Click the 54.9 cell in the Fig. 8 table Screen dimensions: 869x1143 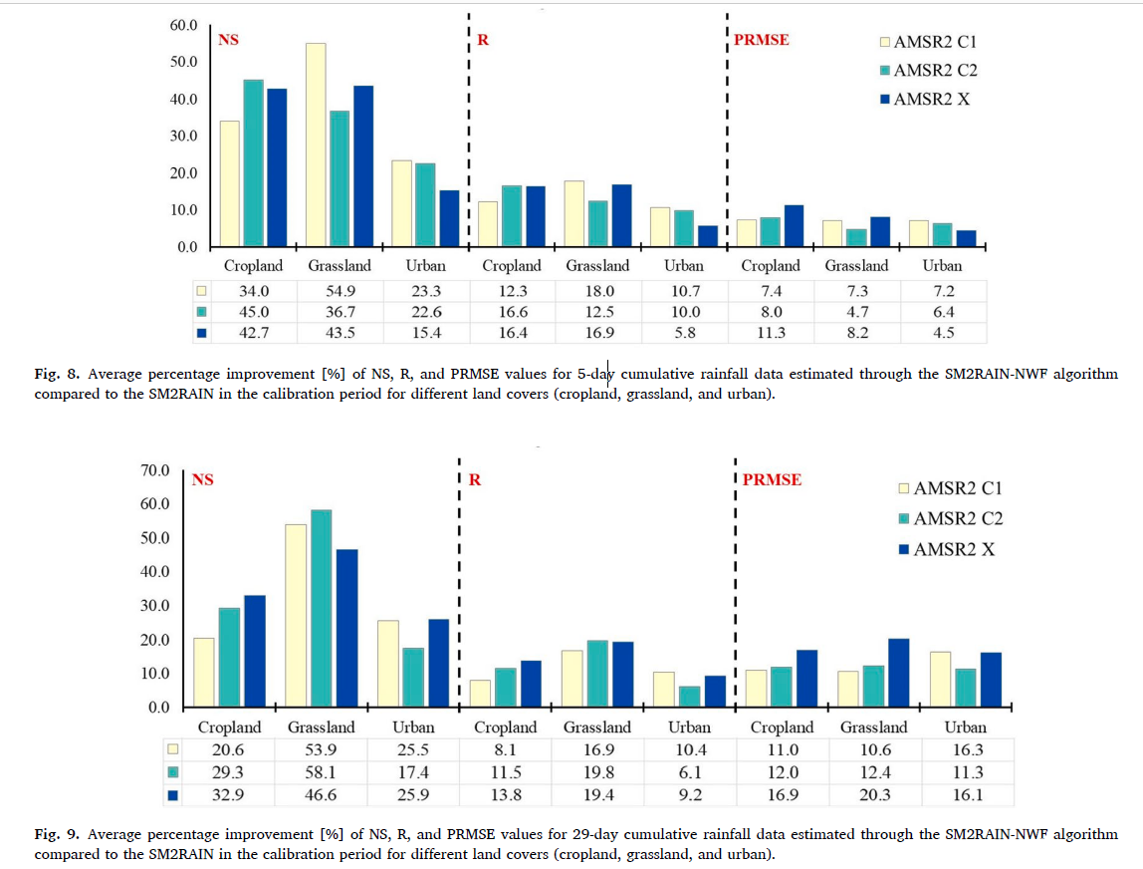point(340,290)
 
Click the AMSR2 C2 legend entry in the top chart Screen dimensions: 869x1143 point(927,71)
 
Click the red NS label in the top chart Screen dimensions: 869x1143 point(228,41)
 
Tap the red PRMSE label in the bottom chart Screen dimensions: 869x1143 point(772,480)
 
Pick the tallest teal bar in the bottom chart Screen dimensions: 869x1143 point(321,608)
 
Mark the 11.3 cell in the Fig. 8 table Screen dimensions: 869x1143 point(771,333)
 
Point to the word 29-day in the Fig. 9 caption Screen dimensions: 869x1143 point(600,834)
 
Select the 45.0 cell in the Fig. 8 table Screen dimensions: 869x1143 point(254,312)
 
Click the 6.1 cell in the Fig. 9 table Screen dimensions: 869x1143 point(689,772)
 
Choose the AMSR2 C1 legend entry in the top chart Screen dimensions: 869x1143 point(927,43)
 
